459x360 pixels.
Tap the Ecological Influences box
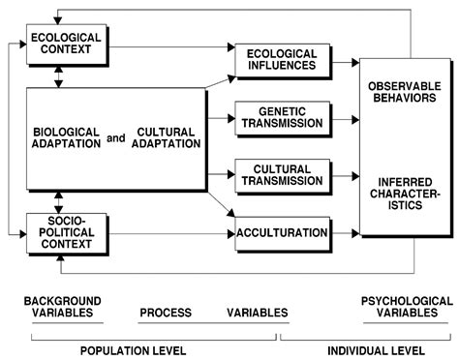click(281, 59)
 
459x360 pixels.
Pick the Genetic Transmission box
click(282, 119)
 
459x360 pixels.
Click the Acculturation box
click(282, 233)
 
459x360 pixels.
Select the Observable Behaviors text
click(407, 93)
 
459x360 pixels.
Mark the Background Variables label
click(62, 307)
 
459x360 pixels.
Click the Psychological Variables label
click(407, 307)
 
